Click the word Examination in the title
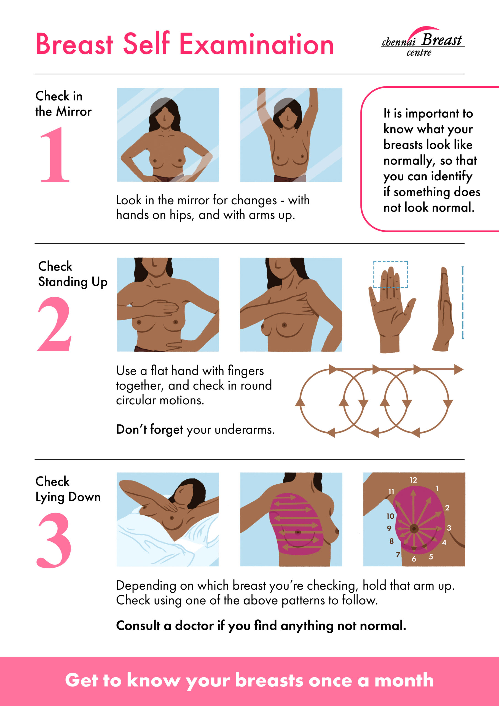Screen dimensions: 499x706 click(256, 44)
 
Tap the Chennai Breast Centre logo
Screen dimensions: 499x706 click(423, 42)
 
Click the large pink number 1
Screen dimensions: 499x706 click(55, 154)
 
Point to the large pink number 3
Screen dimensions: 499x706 click(54, 540)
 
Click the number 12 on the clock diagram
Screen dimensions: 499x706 click(413, 480)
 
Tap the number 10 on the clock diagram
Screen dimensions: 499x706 click(390, 516)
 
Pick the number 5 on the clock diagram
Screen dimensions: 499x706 click(431, 557)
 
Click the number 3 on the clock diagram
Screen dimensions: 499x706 click(449, 528)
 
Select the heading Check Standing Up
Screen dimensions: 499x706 click(73, 274)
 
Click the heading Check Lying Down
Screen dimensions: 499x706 click(68, 489)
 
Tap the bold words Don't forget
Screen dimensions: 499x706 click(149, 430)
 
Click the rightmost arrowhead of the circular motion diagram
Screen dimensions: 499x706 click(459, 369)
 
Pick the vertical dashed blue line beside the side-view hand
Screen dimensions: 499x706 click(463, 303)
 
